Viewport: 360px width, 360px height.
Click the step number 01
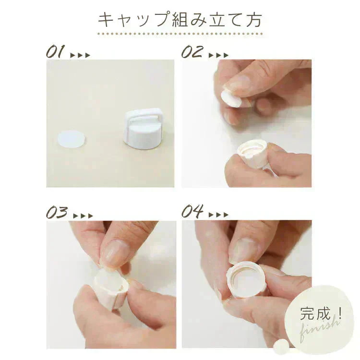(x=55, y=51)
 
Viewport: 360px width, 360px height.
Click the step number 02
(x=192, y=51)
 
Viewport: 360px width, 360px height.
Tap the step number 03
(x=57, y=212)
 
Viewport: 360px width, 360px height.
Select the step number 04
(x=192, y=211)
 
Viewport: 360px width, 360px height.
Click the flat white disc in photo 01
(x=71, y=139)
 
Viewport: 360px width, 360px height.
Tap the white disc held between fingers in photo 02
(x=231, y=99)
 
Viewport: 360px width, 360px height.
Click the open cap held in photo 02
(x=252, y=152)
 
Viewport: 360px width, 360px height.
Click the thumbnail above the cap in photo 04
(x=244, y=250)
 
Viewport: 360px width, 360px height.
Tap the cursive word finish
(x=319, y=328)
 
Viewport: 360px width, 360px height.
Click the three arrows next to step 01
(x=80, y=55)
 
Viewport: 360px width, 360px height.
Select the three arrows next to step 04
(x=218, y=215)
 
